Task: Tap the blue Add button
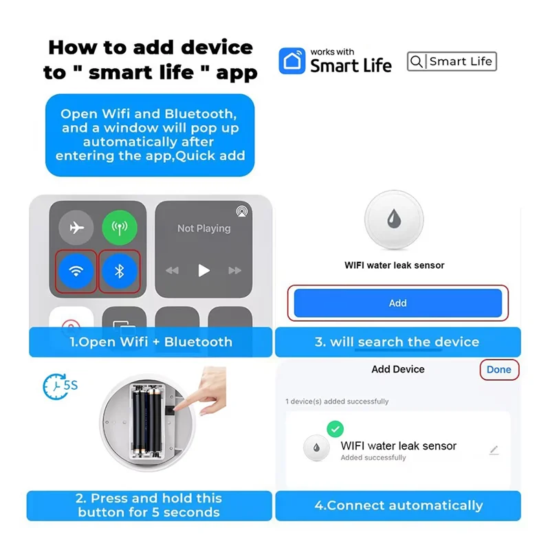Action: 398,303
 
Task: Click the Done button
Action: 498,370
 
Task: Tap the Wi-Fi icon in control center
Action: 76,271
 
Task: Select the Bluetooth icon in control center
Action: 119,271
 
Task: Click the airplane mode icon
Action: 76,228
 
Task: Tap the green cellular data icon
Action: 119,228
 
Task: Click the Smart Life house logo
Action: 291,61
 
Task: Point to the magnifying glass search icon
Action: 417,62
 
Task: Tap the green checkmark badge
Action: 335,429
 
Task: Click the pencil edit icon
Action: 494,450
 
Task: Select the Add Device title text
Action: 398,370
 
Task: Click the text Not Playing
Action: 203,228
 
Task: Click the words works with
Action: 333,52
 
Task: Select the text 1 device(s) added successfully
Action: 337,401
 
